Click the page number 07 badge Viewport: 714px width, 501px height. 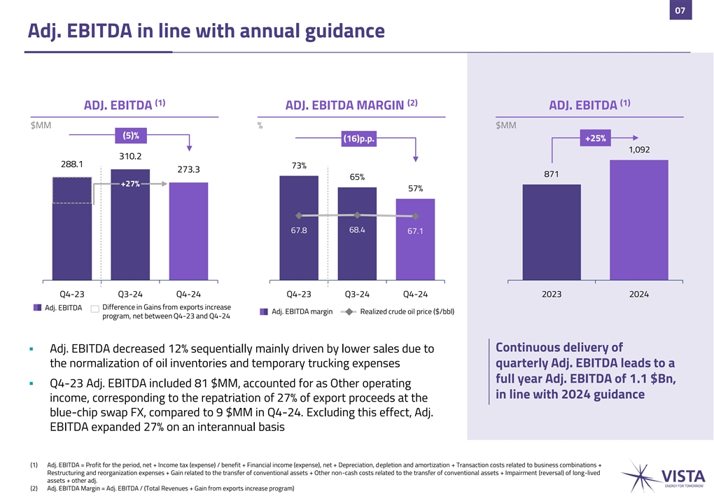pyautogui.click(x=680, y=10)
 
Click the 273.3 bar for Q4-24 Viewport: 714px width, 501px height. pyautogui.click(x=188, y=231)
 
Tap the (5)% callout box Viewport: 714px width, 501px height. pyautogui.click(x=130, y=135)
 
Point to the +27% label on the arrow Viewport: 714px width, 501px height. pyautogui.click(x=130, y=184)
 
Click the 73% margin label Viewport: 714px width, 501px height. pyautogui.click(x=298, y=166)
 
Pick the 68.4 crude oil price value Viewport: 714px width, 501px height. pyautogui.click(x=357, y=230)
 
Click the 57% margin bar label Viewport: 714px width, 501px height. pyautogui.click(x=415, y=189)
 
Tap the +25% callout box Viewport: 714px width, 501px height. pyautogui.click(x=596, y=138)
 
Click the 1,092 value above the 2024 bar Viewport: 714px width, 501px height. pyautogui.click(x=638, y=149)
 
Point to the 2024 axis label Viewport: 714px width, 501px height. pyautogui.click(x=638, y=295)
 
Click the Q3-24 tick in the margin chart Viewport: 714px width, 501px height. pyautogui.click(x=357, y=295)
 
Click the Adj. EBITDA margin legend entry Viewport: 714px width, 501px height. pyautogui.click(x=296, y=311)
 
